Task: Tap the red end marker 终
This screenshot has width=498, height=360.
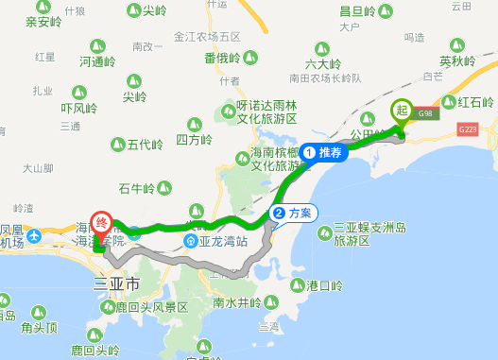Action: pyautogui.click(x=101, y=224)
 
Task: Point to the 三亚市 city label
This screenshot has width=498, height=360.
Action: pyautogui.click(x=117, y=283)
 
